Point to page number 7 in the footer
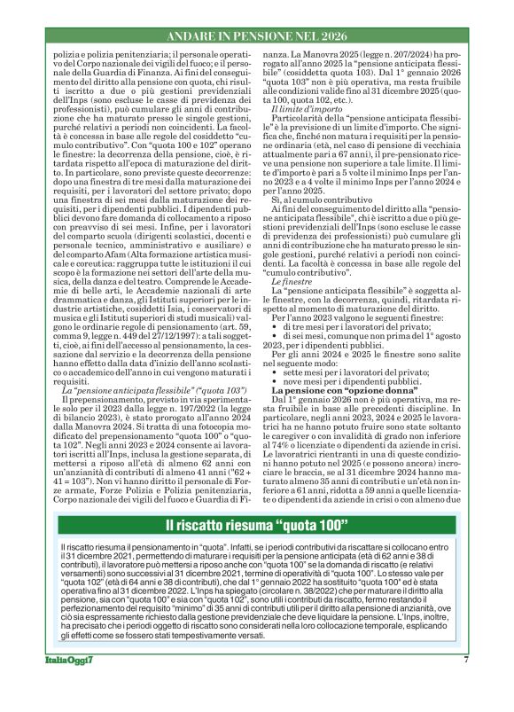[465, 685]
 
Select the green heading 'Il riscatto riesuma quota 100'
[256, 524]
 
